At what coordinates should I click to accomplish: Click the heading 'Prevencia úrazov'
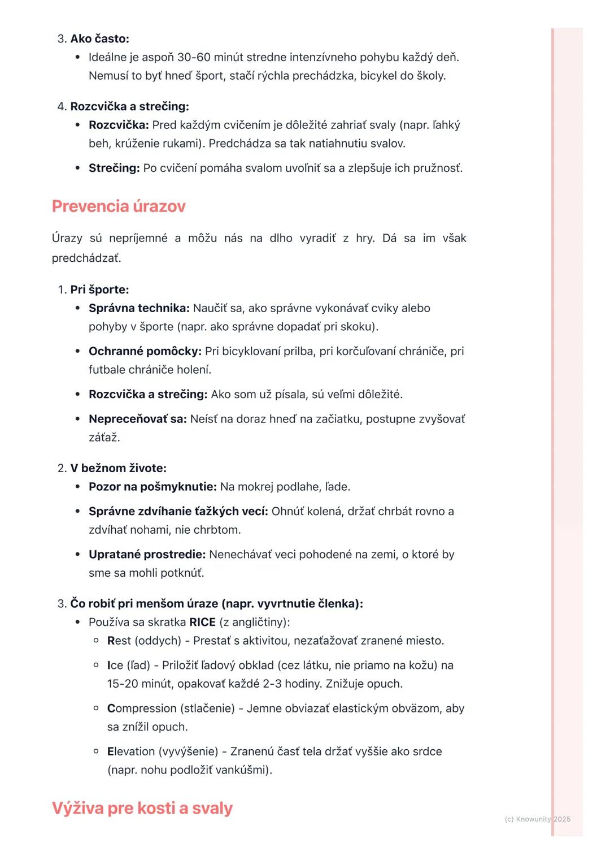click(119, 206)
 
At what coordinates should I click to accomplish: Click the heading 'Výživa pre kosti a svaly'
click(142, 808)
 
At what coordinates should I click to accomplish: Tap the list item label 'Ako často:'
click(99, 38)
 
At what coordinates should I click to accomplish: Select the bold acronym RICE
click(202, 622)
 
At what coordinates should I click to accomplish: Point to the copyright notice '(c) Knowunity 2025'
click(537, 819)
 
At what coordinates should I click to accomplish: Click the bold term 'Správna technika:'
click(139, 308)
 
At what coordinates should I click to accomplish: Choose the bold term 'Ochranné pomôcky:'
click(145, 351)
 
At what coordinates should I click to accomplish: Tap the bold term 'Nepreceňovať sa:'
click(137, 419)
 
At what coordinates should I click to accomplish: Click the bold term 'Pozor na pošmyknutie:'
click(152, 487)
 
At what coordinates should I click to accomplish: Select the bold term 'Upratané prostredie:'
click(147, 555)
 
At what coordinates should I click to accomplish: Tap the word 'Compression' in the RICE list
click(142, 709)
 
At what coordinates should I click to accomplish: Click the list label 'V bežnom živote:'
click(118, 468)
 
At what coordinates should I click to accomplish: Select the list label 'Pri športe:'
click(99, 290)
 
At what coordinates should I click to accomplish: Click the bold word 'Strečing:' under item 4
click(114, 168)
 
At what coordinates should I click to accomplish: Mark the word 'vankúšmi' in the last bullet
click(244, 770)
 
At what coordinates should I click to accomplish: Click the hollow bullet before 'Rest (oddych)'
click(96, 640)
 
